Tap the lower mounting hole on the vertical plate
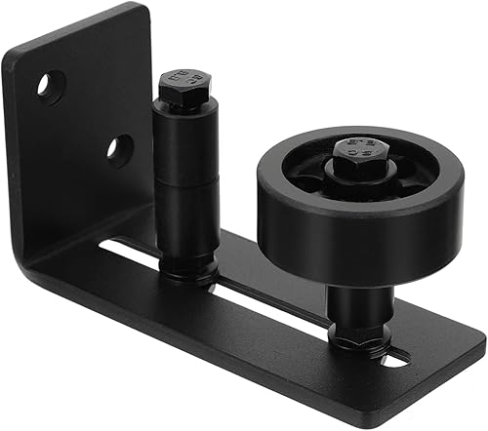coord(120,148)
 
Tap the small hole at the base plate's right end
coord(395,360)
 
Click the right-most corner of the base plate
coord(482,340)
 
